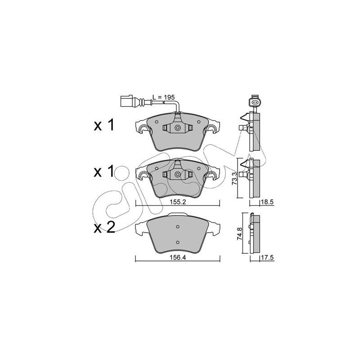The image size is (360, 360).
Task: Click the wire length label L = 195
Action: [164, 97]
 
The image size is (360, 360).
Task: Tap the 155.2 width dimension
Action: [178, 202]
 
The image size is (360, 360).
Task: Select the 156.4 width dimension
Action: [178, 257]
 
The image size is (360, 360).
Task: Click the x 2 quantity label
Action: [104, 228]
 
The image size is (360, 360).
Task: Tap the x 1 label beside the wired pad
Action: [104, 126]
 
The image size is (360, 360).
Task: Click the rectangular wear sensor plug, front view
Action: [126, 101]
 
